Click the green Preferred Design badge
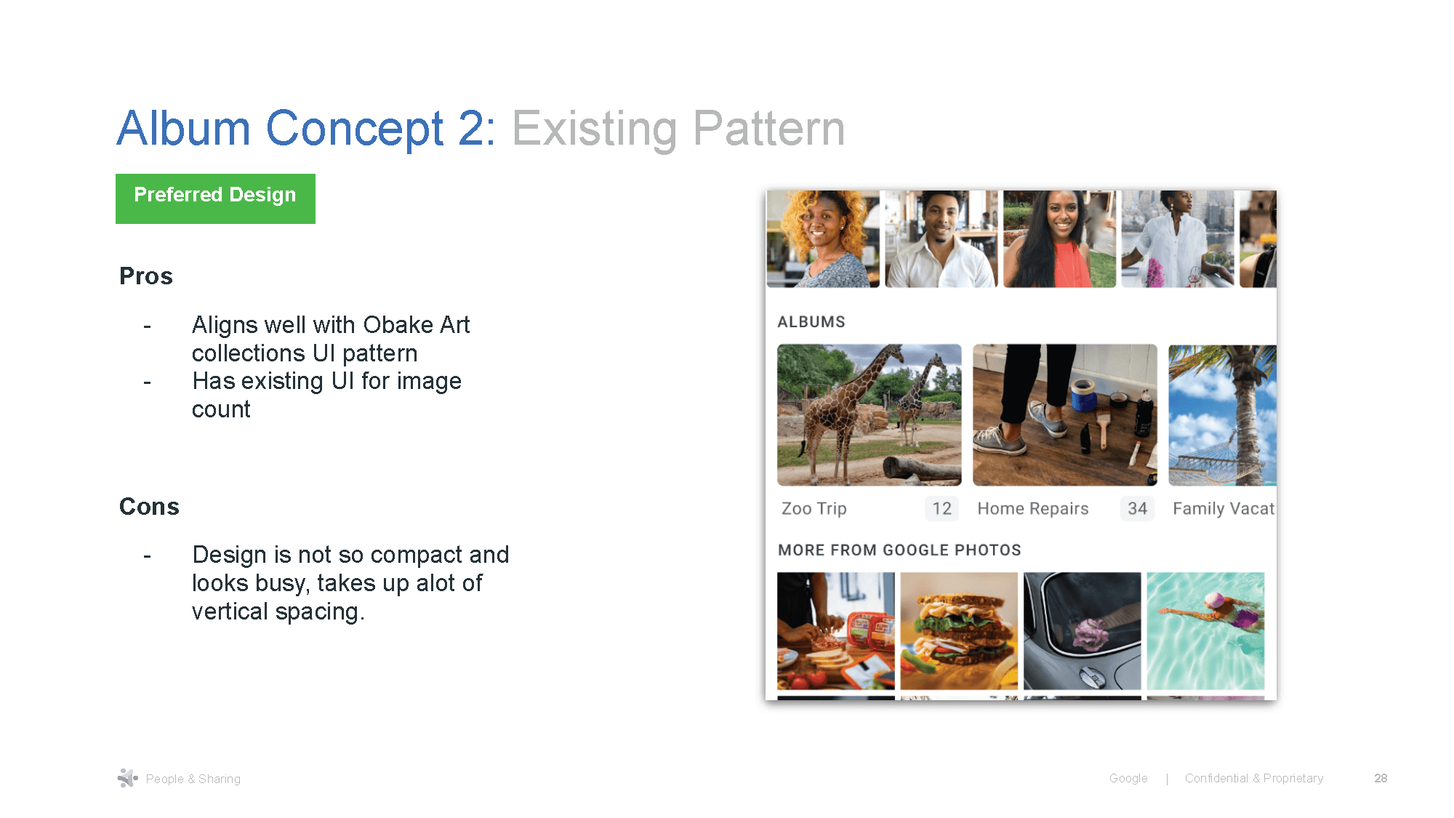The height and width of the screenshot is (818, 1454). pos(215,198)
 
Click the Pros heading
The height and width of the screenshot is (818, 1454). pos(146,276)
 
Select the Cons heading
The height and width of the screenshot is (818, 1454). pos(149,507)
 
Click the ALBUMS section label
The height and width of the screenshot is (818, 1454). pos(811,322)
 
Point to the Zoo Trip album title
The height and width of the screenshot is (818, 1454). pos(814,509)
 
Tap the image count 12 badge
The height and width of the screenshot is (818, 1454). pos(941,509)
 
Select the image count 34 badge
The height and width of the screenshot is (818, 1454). pos(1137,509)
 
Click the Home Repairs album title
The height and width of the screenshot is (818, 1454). pos(1032,509)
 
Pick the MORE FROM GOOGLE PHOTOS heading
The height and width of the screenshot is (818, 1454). pos(899,550)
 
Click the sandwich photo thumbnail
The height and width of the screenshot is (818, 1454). pos(959,630)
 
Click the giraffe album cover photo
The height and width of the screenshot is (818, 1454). pos(869,414)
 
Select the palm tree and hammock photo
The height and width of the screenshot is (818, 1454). pos(1222,414)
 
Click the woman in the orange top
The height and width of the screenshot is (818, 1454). pos(1059,239)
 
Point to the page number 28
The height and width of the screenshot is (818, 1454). pos(1381,778)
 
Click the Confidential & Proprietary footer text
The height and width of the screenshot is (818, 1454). pos(1253,778)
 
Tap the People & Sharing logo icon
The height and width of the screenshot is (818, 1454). pos(127,778)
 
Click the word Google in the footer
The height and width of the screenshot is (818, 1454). pos(1128,778)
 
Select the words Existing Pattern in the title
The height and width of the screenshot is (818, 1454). pos(678,129)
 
